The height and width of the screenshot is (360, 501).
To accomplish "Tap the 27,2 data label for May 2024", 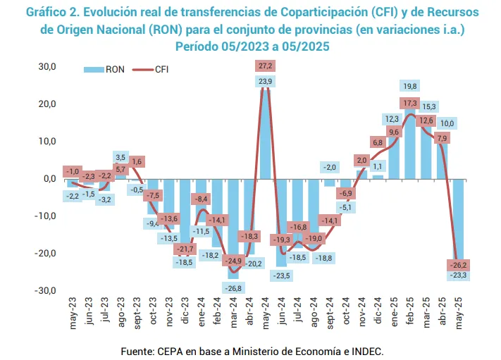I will [x=266, y=66].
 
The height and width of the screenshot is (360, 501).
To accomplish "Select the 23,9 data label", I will [x=266, y=82].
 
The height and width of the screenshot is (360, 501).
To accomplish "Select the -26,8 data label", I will [x=234, y=288].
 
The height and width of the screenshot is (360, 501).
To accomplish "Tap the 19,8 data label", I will [x=410, y=86].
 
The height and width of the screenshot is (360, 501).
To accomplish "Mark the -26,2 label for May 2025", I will [x=459, y=265].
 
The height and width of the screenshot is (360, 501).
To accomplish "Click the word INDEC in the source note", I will [x=365, y=350].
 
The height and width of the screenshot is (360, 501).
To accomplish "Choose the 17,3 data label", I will [x=410, y=103].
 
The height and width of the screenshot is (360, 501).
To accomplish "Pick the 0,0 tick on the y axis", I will [x=49, y=178].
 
